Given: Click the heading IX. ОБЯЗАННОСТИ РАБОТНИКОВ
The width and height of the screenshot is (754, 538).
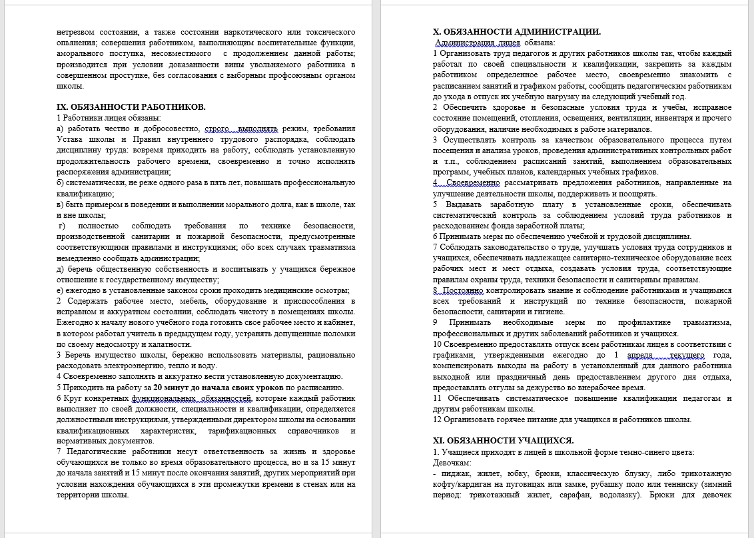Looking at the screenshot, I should pos(131,107).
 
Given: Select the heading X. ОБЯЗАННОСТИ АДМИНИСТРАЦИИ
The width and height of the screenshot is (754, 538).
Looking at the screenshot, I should pos(516,32).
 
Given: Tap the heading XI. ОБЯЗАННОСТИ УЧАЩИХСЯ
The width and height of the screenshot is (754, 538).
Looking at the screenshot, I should pos(503,441).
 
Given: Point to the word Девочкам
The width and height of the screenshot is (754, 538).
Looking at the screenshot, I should pos(452,462).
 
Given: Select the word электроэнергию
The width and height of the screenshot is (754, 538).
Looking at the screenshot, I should pos(129,366).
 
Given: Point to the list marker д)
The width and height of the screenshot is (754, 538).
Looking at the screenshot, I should pos(61,269).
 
